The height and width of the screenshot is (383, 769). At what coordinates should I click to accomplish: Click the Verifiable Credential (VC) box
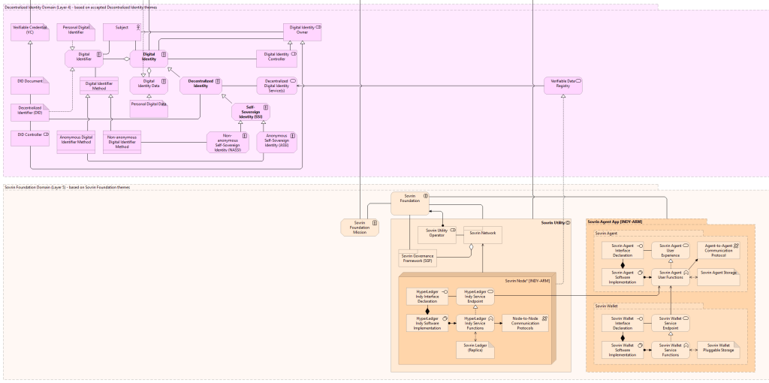click(x=30, y=32)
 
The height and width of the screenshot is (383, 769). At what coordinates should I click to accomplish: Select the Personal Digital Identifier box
click(x=76, y=32)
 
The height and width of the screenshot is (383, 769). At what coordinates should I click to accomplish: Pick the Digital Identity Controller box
click(x=276, y=59)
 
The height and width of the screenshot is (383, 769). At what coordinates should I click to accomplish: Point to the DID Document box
click(x=30, y=84)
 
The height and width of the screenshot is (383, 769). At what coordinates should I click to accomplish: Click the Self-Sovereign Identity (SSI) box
click(x=251, y=112)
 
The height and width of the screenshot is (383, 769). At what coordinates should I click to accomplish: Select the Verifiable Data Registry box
click(x=563, y=85)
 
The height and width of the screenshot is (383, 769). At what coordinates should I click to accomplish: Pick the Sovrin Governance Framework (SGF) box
click(x=418, y=259)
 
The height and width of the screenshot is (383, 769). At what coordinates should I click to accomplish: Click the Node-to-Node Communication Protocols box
click(x=525, y=323)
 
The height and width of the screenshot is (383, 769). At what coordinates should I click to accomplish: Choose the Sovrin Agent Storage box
click(x=717, y=276)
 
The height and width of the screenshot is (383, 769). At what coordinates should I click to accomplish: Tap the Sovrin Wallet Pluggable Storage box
click(x=717, y=349)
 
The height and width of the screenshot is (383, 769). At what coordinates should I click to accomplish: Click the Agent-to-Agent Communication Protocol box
click(x=717, y=249)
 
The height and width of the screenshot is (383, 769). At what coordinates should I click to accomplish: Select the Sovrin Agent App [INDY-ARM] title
click(x=614, y=222)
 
